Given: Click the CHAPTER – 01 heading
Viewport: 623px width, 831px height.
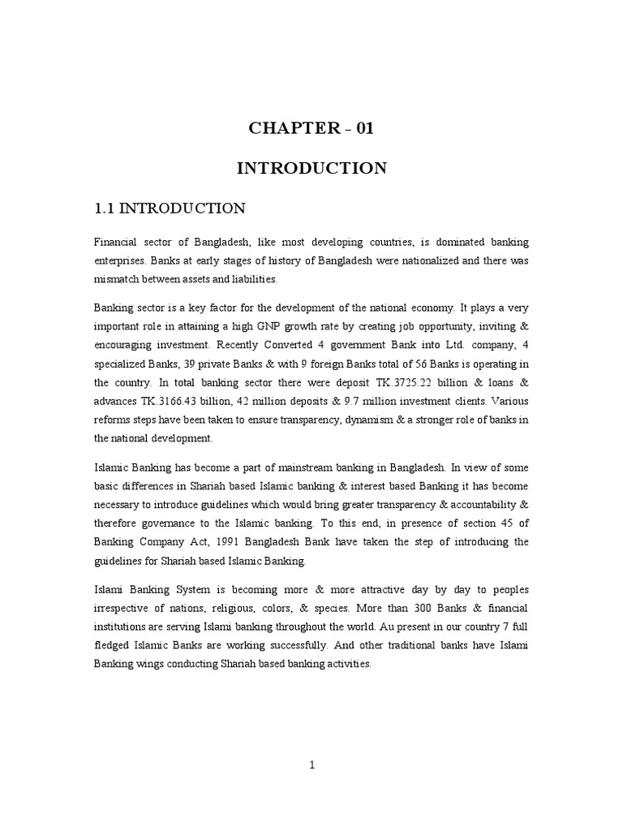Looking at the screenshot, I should (311, 128).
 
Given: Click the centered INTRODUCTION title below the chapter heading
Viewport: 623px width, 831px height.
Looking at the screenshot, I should (311, 169).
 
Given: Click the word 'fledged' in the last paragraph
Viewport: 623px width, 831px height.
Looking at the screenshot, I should (117, 646).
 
